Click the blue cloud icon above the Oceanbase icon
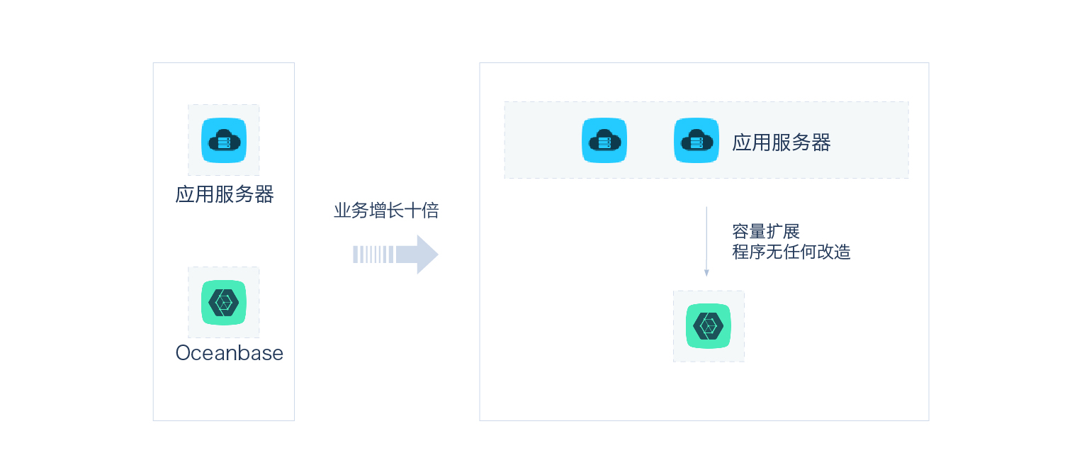pos(224,140)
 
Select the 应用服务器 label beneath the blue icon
pos(225,194)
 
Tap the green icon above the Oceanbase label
pos(224,303)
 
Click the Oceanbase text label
pos(229,353)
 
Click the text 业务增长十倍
pos(386,211)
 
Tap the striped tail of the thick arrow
pos(373,255)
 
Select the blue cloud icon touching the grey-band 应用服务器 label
pos(696,140)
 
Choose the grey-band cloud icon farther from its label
pos(604,140)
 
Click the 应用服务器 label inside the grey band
pos(782,142)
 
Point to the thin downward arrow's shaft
pos(706,238)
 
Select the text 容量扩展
pos(765,231)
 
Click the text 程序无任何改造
pos(791,252)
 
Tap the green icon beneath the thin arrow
pos(709,326)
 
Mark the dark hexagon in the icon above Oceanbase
pos(224,303)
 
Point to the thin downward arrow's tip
pos(706,274)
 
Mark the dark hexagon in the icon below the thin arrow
pos(709,326)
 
